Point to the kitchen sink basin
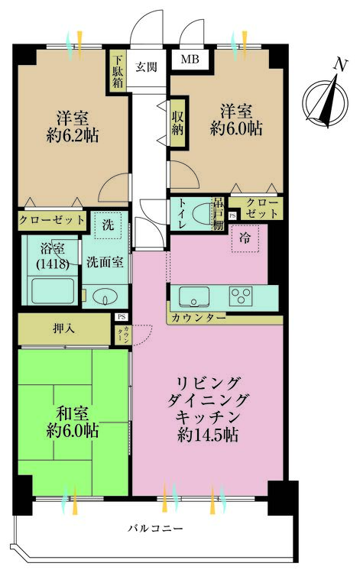[x=194, y=295]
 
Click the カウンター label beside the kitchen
[x=199, y=317]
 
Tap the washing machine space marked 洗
[x=107, y=225]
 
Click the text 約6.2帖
[x=71, y=135]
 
